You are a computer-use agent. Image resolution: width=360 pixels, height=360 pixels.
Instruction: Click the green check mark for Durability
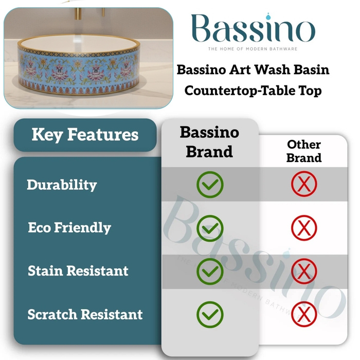tap(210, 185)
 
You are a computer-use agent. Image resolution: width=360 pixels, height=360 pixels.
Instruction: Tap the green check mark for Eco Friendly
tap(210, 228)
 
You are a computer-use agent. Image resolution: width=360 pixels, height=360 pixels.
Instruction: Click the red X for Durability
tap(304, 185)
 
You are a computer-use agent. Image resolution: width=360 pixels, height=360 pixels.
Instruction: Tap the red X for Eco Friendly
tap(304, 228)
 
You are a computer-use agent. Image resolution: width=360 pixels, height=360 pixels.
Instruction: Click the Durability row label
tap(62, 185)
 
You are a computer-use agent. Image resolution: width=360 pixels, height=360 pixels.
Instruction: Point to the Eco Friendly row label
tap(69, 228)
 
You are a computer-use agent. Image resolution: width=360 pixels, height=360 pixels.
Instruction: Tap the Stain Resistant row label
tap(78, 271)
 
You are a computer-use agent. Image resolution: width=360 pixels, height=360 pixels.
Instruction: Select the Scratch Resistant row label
tap(85, 314)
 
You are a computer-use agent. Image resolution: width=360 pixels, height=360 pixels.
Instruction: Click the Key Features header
tap(85, 135)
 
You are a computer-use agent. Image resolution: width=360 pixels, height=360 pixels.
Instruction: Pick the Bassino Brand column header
tap(209, 141)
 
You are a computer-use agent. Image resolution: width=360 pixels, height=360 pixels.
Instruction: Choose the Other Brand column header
tap(304, 151)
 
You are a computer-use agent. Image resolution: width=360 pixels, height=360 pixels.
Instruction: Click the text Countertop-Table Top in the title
tap(253, 91)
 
